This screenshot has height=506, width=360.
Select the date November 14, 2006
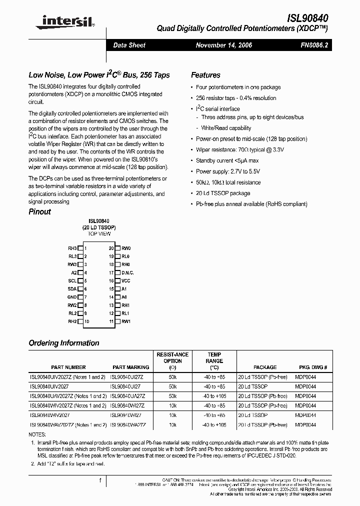click(x=224, y=45)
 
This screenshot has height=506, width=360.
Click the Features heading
click(x=205, y=75)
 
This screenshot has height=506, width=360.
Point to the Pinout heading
click(x=40, y=211)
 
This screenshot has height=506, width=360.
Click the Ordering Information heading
click(x=64, y=343)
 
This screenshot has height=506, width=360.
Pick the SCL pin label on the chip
click(x=72, y=281)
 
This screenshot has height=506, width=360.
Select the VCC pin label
click(x=125, y=281)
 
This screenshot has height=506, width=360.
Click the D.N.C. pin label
click(x=127, y=272)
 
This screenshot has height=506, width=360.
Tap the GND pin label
click(x=72, y=297)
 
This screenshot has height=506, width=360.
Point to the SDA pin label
click(x=72, y=289)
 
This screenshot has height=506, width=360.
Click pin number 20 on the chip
click(x=111, y=248)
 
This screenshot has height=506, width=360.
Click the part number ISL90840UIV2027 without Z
click(x=50, y=387)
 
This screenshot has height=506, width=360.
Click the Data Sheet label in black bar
click(x=129, y=45)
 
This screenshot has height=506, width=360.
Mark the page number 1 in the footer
click(x=100, y=480)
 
